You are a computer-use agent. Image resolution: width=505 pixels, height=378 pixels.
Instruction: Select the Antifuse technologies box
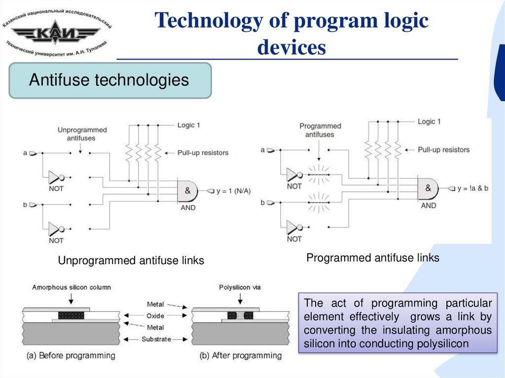pyautogui.click(x=109, y=80)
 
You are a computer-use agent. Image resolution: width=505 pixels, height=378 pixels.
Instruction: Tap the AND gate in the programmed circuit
pyautogui.click(x=428, y=189)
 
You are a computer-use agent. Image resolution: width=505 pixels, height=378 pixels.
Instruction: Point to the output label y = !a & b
pyautogui.click(x=473, y=188)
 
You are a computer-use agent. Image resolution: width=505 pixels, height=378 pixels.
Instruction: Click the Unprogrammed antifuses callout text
pyautogui.click(x=82, y=134)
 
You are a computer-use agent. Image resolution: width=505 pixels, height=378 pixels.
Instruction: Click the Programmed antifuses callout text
pyautogui.click(x=320, y=130)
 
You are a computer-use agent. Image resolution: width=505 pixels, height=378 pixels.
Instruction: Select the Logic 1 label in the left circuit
pyautogui.click(x=189, y=125)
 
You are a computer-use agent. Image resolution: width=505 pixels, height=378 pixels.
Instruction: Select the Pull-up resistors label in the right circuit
pyautogui.click(x=443, y=149)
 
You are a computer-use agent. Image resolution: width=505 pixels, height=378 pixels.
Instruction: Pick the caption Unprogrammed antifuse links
pyautogui.click(x=131, y=261)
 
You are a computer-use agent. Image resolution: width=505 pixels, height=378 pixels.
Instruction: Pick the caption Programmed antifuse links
pyautogui.click(x=372, y=258)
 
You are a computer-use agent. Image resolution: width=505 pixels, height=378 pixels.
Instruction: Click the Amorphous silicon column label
pyautogui.click(x=72, y=287)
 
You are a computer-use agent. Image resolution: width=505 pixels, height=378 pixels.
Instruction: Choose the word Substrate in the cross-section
pyautogui.click(x=156, y=339)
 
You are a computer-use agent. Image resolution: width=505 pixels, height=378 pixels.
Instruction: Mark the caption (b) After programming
pyautogui.click(x=241, y=355)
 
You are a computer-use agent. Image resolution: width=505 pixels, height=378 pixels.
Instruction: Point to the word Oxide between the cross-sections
pyautogui.click(x=156, y=316)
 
